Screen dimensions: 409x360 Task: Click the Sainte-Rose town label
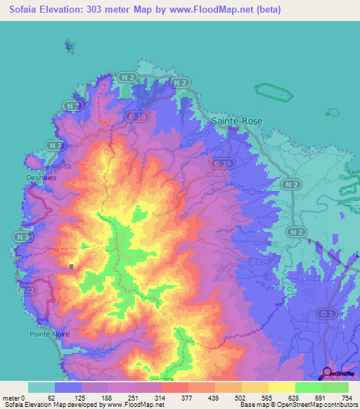[237, 121]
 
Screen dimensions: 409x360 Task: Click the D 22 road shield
[27, 290]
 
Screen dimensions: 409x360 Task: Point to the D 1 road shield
[326, 313]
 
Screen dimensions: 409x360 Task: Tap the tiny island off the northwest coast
[69, 47]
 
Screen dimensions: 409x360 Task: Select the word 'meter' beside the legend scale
[11, 398]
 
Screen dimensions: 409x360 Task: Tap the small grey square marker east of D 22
[72, 266]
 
